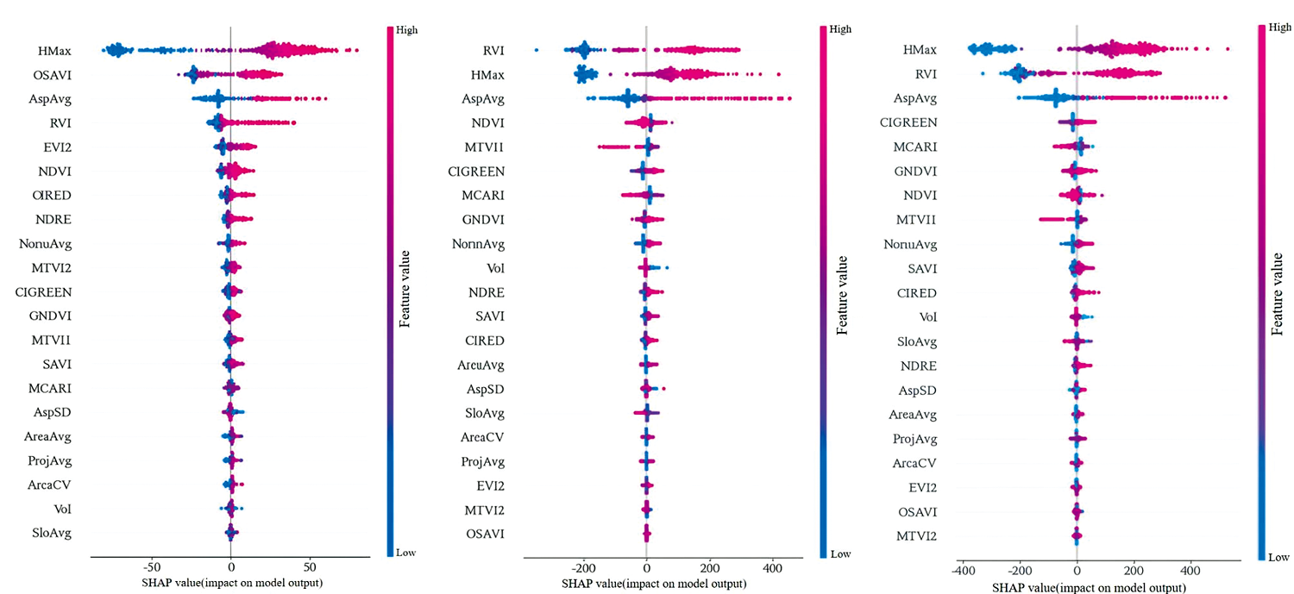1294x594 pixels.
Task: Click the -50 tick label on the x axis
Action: pyautogui.click(x=150, y=568)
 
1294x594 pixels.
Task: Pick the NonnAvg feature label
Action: pyautogui.click(x=478, y=244)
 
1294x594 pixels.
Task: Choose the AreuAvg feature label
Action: pyautogui.click(x=481, y=366)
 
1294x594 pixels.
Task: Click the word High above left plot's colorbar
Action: pyautogui.click(x=408, y=29)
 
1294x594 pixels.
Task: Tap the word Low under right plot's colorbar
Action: pyautogui.click(x=1279, y=558)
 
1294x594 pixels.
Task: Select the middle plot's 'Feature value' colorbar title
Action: pyautogui.click(x=843, y=294)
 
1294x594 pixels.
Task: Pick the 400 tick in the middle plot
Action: pyautogui.click(x=772, y=569)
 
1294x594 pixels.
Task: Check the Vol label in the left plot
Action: pyautogui.click(x=62, y=510)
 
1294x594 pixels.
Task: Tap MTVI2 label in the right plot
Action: pyautogui.click(x=914, y=536)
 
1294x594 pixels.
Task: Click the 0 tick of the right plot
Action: pyautogui.click(x=1077, y=571)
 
